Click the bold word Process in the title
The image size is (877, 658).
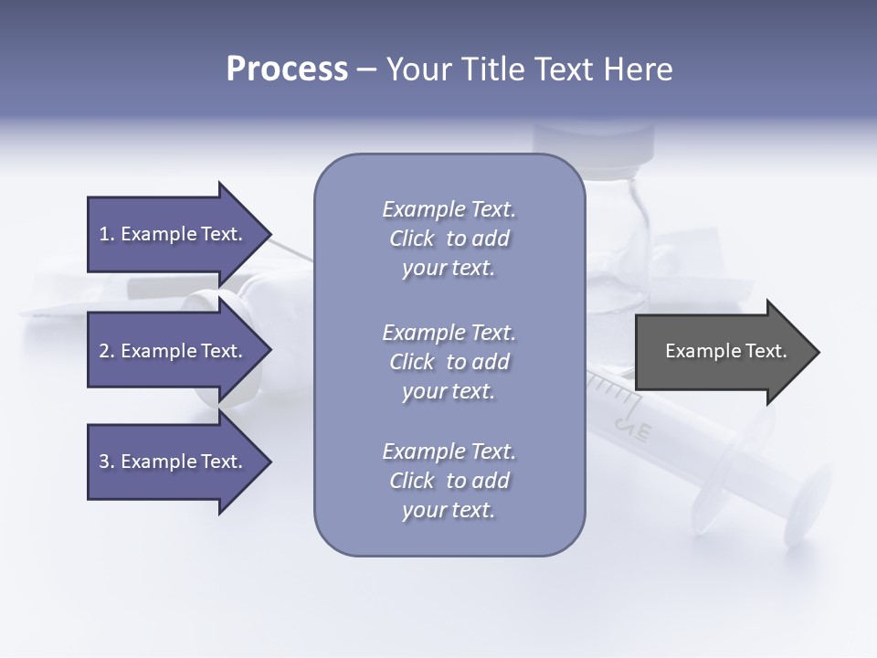pyautogui.click(x=287, y=69)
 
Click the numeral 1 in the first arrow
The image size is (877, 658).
pyautogui.click(x=104, y=234)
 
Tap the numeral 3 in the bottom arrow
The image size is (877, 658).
pyautogui.click(x=104, y=462)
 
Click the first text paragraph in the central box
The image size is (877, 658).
pyautogui.click(x=449, y=239)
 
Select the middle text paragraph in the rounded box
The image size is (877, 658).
pyautogui.click(x=449, y=362)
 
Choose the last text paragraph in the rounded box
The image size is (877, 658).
pyautogui.click(x=449, y=481)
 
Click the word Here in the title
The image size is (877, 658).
pyautogui.click(x=639, y=69)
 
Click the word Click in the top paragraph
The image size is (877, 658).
pyautogui.click(x=411, y=239)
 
